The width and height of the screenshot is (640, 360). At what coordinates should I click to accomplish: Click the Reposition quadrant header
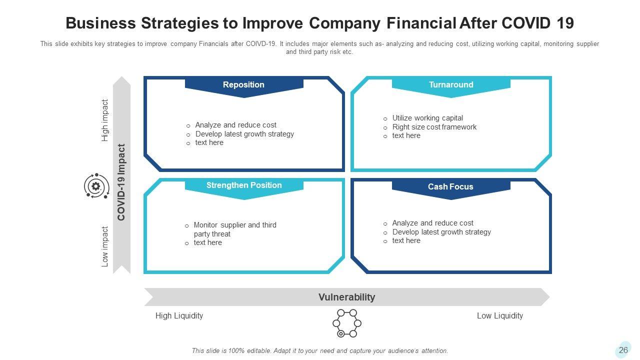tap(243, 85)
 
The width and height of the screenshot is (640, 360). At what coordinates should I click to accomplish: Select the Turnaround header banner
tap(451, 85)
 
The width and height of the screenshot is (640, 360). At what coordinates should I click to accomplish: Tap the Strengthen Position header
tap(244, 185)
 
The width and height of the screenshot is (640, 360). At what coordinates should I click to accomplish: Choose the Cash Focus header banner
tap(450, 187)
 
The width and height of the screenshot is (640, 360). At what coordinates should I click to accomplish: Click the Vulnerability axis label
tap(346, 297)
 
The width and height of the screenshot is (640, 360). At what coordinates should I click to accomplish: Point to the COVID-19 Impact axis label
tap(121, 182)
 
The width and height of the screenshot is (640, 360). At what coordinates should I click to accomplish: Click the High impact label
tap(105, 120)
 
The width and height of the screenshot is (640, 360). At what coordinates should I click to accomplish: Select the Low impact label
tap(105, 246)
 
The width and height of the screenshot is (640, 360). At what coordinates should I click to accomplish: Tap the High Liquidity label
tap(179, 315)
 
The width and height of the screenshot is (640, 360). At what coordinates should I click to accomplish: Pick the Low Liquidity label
tap(499, 315)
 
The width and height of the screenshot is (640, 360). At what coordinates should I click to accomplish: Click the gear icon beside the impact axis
tap(96, 186)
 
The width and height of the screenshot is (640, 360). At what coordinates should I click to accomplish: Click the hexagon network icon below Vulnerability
tap(346, 323)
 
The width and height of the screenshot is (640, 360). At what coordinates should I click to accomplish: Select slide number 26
tap(623, 350)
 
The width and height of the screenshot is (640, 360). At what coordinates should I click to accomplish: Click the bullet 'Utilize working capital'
tap(427, 118)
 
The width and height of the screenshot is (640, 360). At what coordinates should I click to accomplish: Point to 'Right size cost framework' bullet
tap(434, 127)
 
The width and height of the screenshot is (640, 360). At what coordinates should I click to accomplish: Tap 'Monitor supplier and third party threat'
tap(234, 229)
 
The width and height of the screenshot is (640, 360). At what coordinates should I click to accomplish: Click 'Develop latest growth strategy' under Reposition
tap(244, 134)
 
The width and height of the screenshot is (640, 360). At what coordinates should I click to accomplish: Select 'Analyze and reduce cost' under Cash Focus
tap(432, 223)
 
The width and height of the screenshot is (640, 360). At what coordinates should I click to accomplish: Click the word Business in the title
tap(100, 23)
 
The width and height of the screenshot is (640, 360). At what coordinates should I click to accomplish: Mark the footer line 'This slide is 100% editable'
tap(319, 351)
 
